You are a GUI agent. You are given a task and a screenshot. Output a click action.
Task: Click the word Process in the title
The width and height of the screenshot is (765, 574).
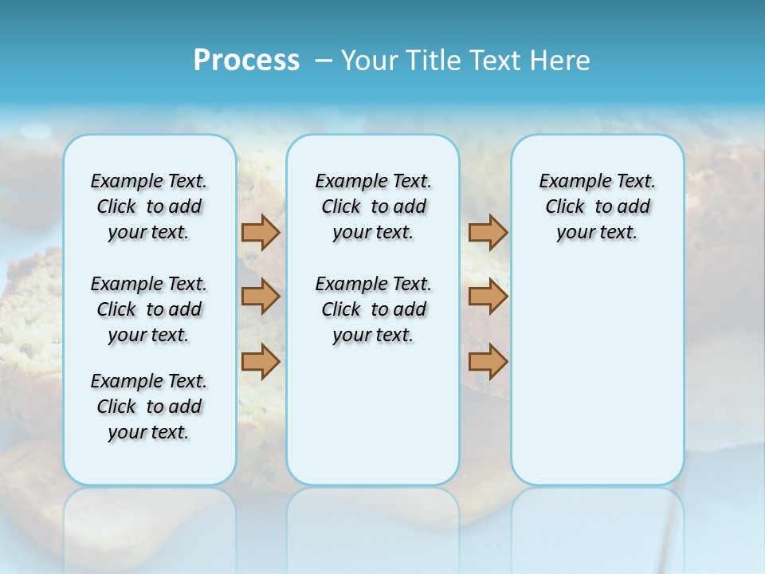[x=246, y=60]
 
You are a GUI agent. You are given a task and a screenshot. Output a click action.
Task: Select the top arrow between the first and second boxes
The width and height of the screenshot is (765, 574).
[x=261, y=232]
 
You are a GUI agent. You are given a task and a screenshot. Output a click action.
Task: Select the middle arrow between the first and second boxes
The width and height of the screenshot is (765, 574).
[x=261, y=297]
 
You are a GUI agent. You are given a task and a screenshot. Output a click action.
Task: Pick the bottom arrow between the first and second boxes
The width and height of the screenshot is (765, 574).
[x=261, y=362]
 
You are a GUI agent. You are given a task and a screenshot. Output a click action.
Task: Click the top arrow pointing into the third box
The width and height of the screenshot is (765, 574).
[x=488, y=232]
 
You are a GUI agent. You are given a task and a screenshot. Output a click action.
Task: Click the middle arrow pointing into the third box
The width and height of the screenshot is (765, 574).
[x=488, y=297]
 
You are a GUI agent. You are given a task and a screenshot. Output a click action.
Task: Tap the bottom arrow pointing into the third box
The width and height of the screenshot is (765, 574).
[x=488, y=362]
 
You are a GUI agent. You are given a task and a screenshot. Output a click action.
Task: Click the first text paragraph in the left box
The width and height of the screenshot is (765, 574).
[x=149, y=206]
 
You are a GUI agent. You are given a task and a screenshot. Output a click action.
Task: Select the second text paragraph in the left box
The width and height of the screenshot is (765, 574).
[x=149, y=309]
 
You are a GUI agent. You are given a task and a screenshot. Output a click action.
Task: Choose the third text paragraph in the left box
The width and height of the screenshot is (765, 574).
[x=149, y=407]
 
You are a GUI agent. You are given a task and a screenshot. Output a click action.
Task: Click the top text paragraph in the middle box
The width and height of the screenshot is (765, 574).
[x=373, y=206]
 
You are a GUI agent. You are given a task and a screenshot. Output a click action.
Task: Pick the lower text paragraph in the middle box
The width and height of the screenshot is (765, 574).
[x=373, y=309]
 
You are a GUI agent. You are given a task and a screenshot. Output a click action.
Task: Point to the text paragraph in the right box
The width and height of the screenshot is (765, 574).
[x=597, y=206]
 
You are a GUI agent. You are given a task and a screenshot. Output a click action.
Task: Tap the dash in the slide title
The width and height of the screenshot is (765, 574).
[x=324, y=61]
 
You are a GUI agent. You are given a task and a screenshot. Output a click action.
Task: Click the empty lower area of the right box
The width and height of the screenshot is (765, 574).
[x=597, y=375]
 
